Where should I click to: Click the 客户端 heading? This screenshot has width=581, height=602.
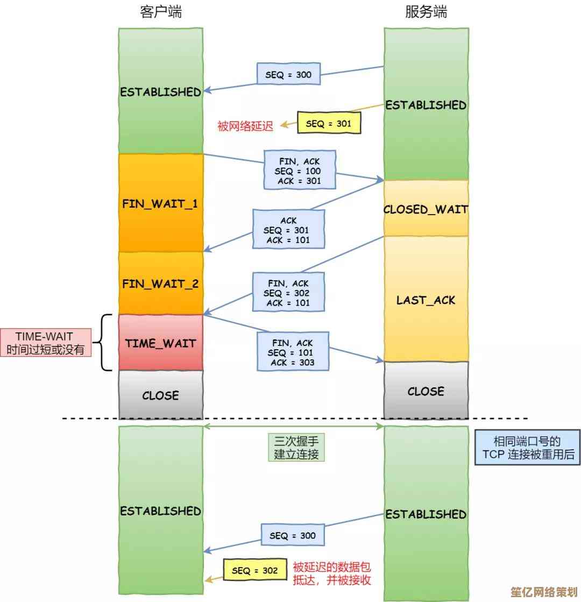(160, 12)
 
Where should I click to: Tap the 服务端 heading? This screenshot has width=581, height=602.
(426, 12)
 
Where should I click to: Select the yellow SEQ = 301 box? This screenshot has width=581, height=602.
(328, 124)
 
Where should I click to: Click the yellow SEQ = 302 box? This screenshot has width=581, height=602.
(255, 570)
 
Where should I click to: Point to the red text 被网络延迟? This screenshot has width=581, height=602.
(245, 126)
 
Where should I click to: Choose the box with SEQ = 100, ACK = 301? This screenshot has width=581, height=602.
(300, 170)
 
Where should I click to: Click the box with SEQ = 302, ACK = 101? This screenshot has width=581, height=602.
(289, 293)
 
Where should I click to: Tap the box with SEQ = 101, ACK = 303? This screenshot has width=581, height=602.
(293, 352)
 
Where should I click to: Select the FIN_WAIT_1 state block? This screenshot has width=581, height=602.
(160, 203)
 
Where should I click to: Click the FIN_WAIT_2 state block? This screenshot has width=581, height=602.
(160, 283)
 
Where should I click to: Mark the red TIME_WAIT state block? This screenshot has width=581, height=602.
(160, 343)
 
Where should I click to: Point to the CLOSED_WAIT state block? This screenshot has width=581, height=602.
(426, 209)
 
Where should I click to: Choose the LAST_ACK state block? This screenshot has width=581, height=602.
(426, 299)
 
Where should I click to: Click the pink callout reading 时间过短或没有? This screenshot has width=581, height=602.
(45, 343)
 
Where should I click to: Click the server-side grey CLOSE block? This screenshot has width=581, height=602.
(426, 391)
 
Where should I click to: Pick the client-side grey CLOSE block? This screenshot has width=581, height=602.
(160, 395)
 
